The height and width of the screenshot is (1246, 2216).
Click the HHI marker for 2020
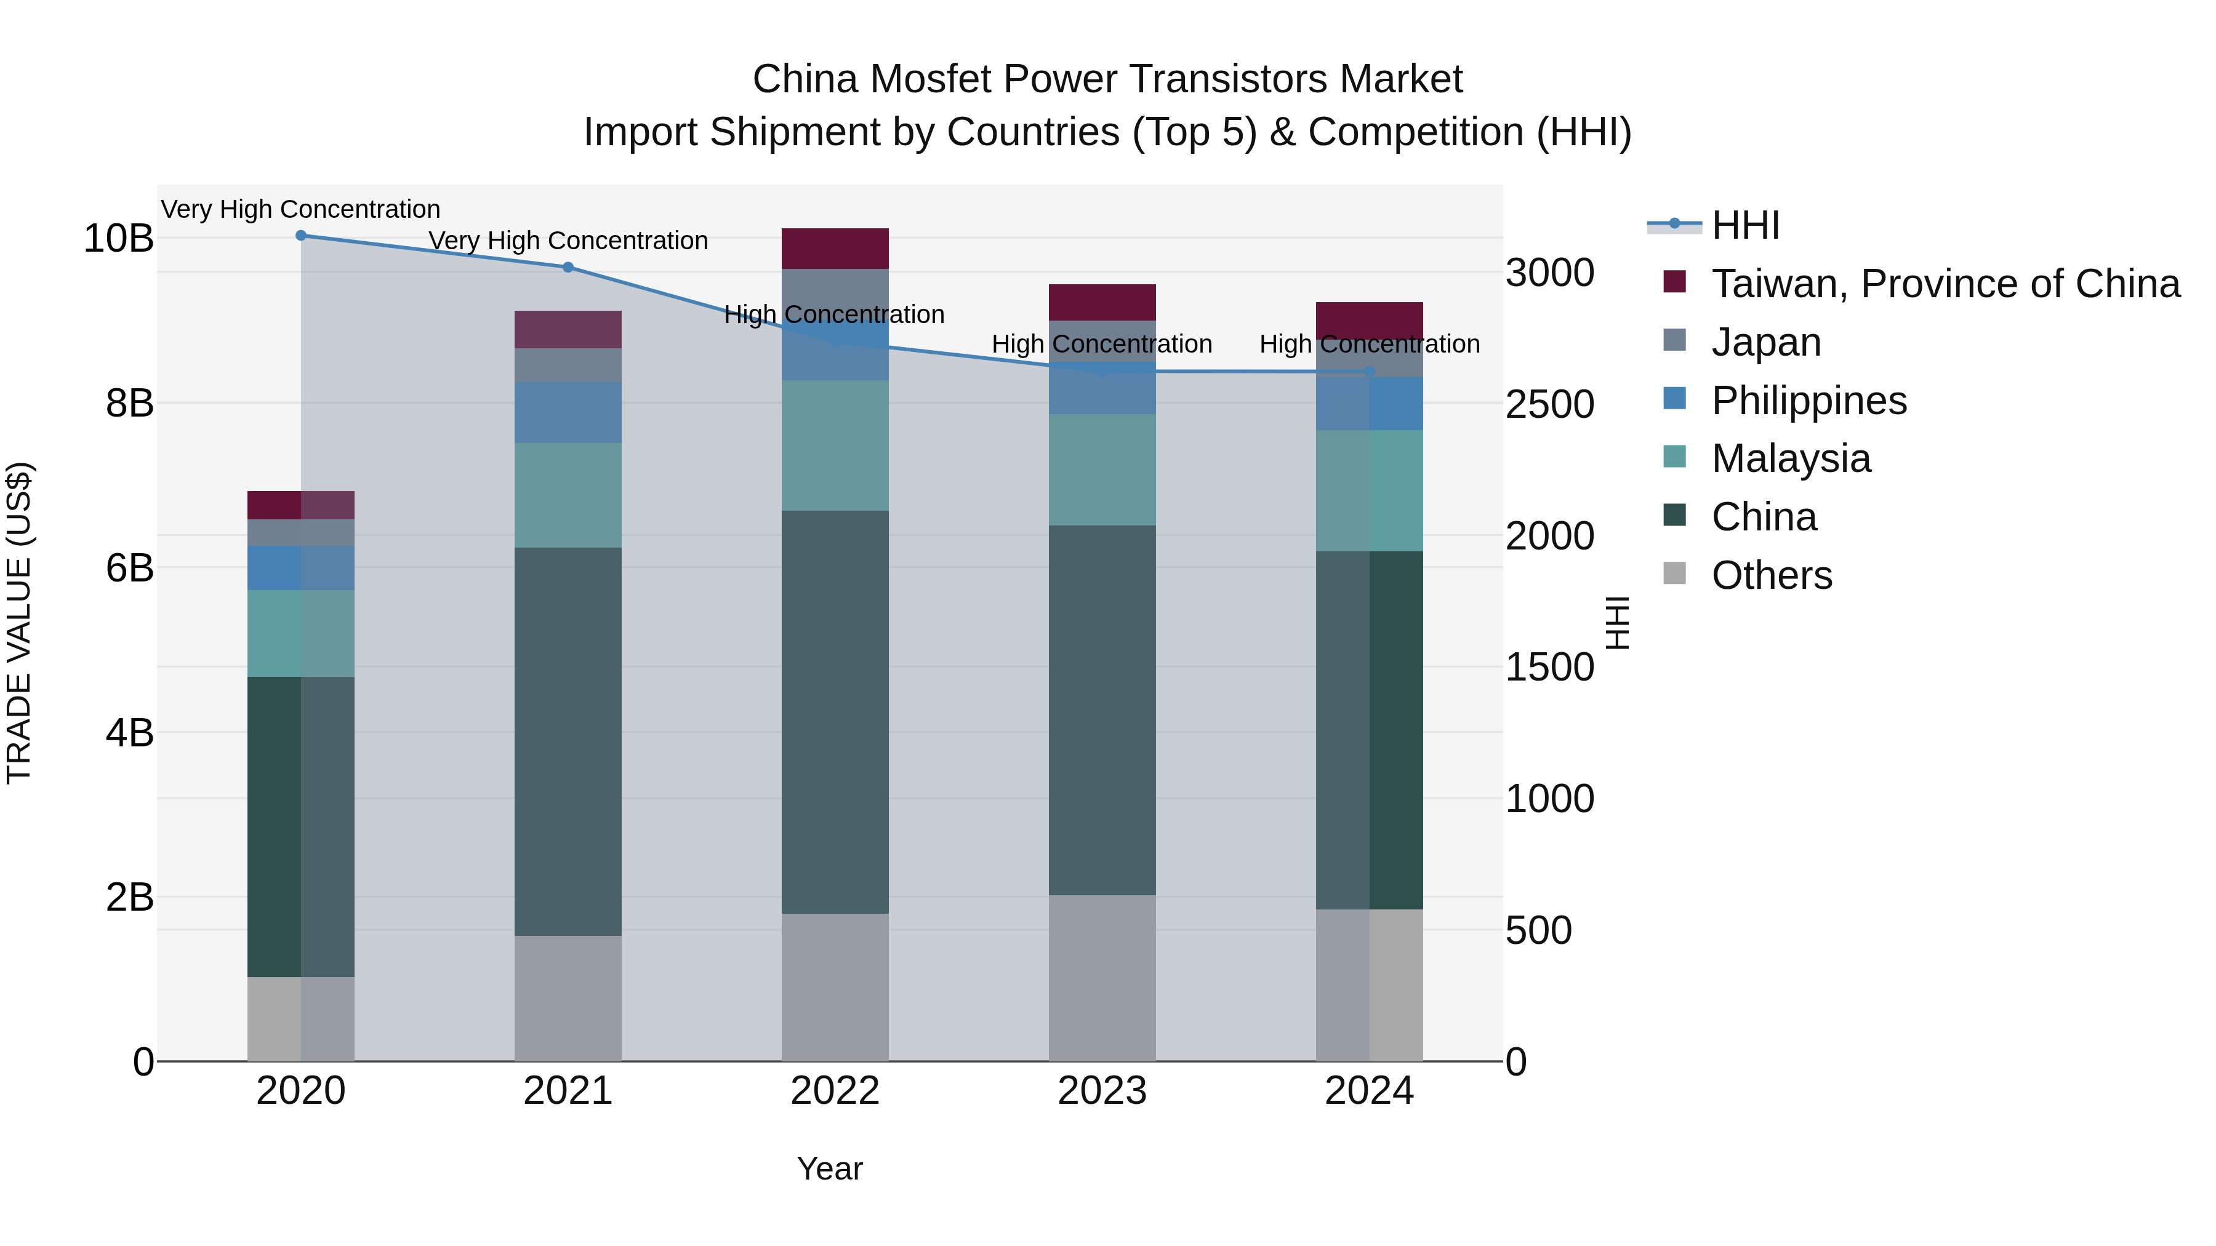[x=301, y=236]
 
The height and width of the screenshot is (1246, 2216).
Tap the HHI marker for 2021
[x=568, y=268]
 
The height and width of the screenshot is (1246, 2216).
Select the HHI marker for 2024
[x=1370, y=372]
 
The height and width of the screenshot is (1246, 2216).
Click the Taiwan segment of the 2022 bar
[x=835, y=249]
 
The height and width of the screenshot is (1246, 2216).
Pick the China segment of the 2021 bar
[x=568, y=741]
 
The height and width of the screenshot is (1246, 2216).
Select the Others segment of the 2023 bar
[x=1102, y=978]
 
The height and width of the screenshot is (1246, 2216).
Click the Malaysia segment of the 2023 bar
[x=1102, y=469]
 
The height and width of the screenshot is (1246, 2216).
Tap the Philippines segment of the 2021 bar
[x=568, y=413]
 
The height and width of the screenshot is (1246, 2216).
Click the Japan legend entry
[x=1765, y=342]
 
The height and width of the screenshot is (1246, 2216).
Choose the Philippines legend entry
[x=1809, y=401]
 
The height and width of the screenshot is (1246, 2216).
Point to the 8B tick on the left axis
[x=129, y=403]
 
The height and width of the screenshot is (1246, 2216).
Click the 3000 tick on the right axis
[x=1549, y=273]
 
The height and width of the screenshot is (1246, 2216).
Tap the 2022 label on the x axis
[x=835, y=1091]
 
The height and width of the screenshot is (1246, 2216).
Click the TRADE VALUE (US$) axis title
[x=19, y=623]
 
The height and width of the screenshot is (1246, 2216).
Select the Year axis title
[x=829, y=1168]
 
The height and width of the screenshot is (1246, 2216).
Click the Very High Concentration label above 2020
[x=300, y=209]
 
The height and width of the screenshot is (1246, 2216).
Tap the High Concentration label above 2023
[x=1101, y=344]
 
